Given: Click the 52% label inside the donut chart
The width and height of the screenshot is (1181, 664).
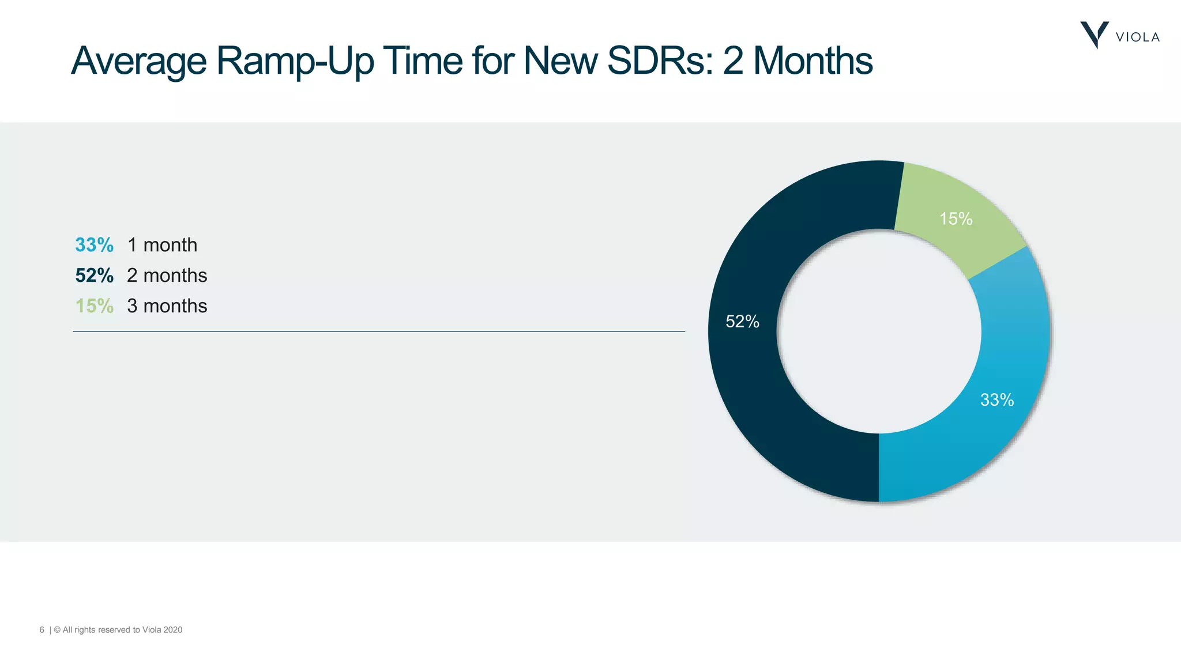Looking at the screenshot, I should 742,322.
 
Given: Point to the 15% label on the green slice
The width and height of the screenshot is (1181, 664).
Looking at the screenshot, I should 956,219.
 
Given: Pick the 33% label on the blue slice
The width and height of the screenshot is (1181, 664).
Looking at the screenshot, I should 997,400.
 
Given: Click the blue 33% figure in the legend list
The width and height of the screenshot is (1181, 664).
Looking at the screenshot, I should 95,245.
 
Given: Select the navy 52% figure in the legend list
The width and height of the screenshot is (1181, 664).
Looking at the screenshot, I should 95,276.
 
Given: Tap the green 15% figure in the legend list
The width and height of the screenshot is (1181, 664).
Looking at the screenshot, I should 95,306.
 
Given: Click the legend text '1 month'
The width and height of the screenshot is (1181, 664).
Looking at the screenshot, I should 162,245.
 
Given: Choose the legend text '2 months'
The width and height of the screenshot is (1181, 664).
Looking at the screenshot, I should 167,276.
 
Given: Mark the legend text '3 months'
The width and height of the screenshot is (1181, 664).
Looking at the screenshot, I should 167,306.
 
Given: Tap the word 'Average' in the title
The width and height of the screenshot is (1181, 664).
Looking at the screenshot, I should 139,61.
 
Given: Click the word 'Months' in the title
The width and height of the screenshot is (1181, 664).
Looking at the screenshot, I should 813,61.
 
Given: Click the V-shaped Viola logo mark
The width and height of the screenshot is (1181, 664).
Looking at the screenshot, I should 1094,35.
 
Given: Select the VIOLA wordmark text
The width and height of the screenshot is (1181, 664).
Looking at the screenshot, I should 1137,37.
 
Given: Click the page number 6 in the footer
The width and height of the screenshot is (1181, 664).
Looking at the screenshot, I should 42,630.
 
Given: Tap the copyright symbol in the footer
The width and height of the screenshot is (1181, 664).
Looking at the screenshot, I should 57,630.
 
